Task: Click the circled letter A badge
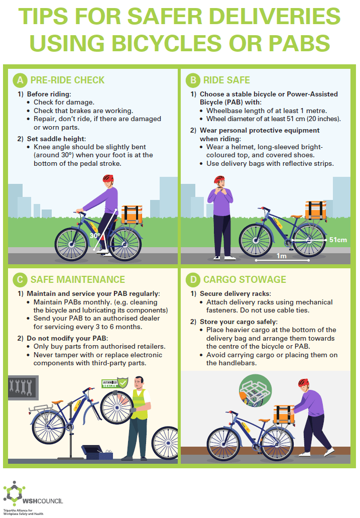pos(20,80)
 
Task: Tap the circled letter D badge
pos(193,279)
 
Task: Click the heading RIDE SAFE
pos(226,80)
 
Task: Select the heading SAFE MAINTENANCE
pos(78,279)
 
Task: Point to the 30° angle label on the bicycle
pos(95,236)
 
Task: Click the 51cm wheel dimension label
pos(338,240)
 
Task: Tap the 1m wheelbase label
pos(281,256)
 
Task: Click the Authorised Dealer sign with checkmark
pos(114,383)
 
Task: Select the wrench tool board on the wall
pos(23,387)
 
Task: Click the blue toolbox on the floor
pos(97,452)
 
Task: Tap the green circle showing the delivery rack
pos(255,390)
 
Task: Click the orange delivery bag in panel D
pos(284,415)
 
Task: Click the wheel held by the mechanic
pos(116,407)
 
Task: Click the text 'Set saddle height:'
pos(56,139)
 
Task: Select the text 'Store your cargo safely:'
pos(238,322)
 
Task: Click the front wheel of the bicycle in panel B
pos(256,240)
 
